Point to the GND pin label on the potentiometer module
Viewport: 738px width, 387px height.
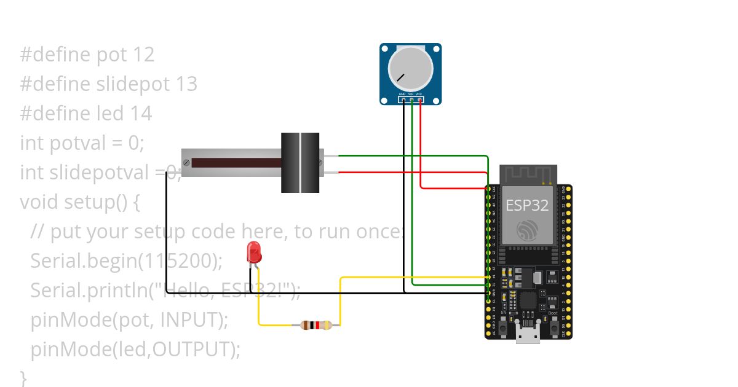pos(403,94)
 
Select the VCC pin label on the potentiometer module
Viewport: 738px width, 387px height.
pos(419,94)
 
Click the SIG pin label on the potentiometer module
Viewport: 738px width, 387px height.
pos(411,94)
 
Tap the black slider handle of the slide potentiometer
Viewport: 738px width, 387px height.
pos(300,163)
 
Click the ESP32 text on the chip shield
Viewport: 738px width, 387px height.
pos(527,205)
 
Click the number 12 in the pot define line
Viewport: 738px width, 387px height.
pos(143,55)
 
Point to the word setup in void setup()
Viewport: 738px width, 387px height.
pos(89,202)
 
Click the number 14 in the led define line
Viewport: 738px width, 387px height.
pos(141,114)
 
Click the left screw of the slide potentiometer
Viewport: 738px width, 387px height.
pos(186,163)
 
